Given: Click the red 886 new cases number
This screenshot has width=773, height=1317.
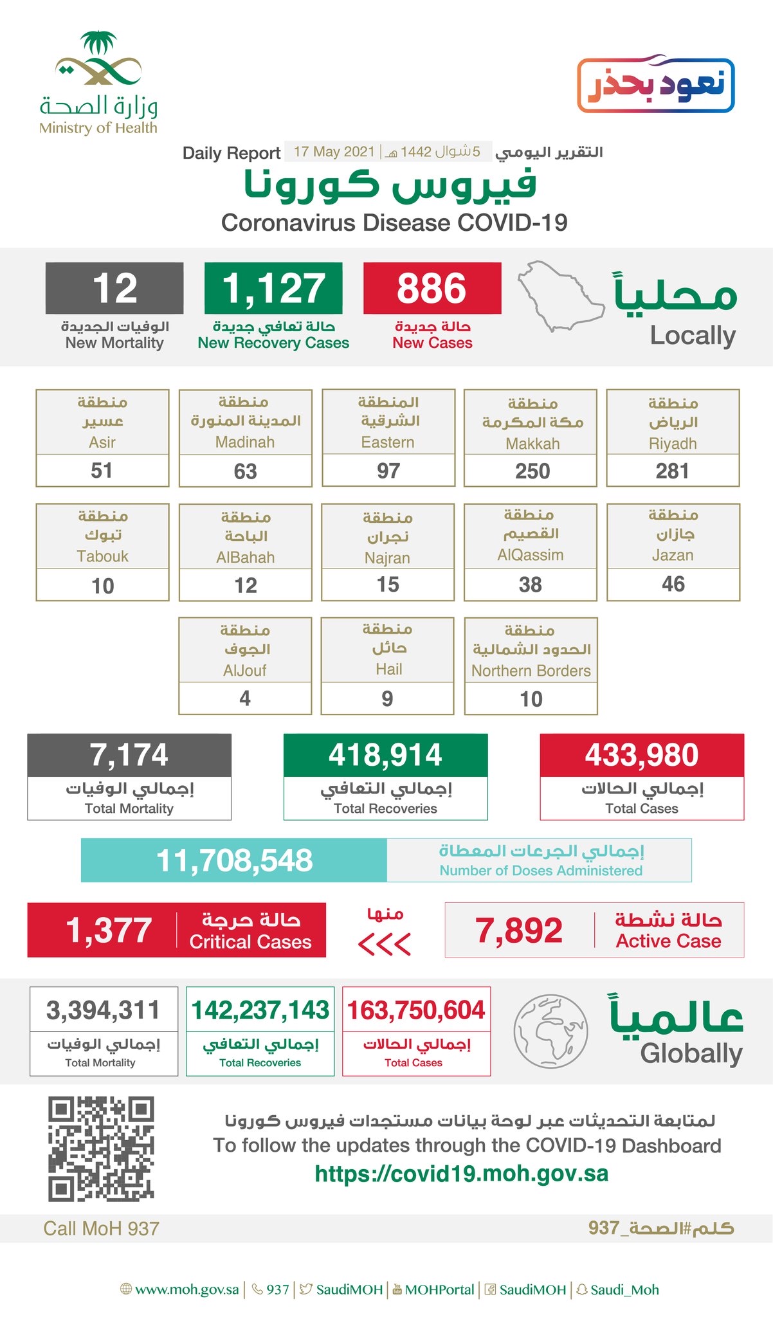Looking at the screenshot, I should (432, 288).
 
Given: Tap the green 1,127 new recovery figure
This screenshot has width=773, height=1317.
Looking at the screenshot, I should (273, 288).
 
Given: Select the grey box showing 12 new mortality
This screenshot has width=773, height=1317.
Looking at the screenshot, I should (114, 288).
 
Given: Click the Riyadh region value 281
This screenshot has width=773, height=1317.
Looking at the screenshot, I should (672, 471).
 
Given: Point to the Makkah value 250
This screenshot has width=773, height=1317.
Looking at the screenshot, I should (532, 471).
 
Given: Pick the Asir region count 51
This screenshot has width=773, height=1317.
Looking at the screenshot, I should (102, 471).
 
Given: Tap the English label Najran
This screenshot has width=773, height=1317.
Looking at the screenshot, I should (387, 558).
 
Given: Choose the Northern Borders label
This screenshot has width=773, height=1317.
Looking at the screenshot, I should (531, 671).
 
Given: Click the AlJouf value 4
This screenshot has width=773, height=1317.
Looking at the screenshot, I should (244, 698).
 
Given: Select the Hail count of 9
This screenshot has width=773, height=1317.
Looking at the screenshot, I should (387, 698).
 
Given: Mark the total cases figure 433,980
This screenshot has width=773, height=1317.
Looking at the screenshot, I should (641, 755).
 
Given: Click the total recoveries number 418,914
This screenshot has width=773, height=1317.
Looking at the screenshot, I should (385, 755).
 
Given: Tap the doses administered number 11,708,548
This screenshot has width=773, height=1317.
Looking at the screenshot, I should (234, 860).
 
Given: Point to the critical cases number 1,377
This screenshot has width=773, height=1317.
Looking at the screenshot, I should (109, 931).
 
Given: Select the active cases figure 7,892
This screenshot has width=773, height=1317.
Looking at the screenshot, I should (519, 931).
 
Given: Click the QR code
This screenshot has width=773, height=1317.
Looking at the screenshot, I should (101, 1149).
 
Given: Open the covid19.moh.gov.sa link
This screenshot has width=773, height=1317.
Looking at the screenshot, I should (461, 1174).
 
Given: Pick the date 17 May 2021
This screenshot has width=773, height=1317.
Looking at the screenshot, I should (334, 152).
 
